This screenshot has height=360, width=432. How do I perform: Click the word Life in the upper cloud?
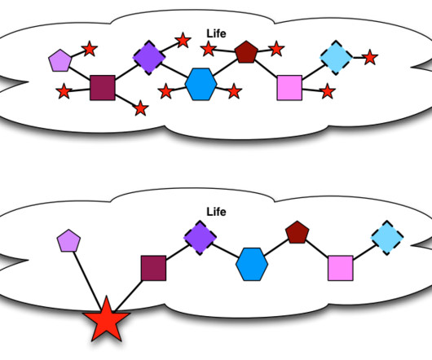(216, 33)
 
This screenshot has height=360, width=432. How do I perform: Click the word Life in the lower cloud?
(216, 212)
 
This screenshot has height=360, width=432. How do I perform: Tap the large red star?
(106, 321)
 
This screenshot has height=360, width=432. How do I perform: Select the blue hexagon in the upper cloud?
(201, 84)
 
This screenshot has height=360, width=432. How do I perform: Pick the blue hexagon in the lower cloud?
(252, 265)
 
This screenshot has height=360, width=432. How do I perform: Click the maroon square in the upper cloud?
(103, 87)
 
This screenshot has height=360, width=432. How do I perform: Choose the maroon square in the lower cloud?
(153, 268)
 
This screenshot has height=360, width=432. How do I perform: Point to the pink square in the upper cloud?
(289, 88)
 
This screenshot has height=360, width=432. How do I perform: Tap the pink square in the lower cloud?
(341, 268)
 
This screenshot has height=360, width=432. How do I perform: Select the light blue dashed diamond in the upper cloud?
(336, 58)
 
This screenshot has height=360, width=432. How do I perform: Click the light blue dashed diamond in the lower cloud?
(387, 238)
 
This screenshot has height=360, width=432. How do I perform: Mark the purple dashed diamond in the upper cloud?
(149, 58)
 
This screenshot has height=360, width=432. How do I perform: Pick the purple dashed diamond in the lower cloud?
(200, 238)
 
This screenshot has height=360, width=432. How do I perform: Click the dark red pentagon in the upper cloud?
(246, 52)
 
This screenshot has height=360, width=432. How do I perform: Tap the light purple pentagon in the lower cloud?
(68, 241)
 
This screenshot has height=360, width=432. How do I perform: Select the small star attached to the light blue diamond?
(370, 58)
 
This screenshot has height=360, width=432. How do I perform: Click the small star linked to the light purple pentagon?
(90, 49)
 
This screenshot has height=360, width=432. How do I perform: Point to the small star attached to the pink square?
(328, 91)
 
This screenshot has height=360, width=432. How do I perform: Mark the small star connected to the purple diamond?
(183, 40)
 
